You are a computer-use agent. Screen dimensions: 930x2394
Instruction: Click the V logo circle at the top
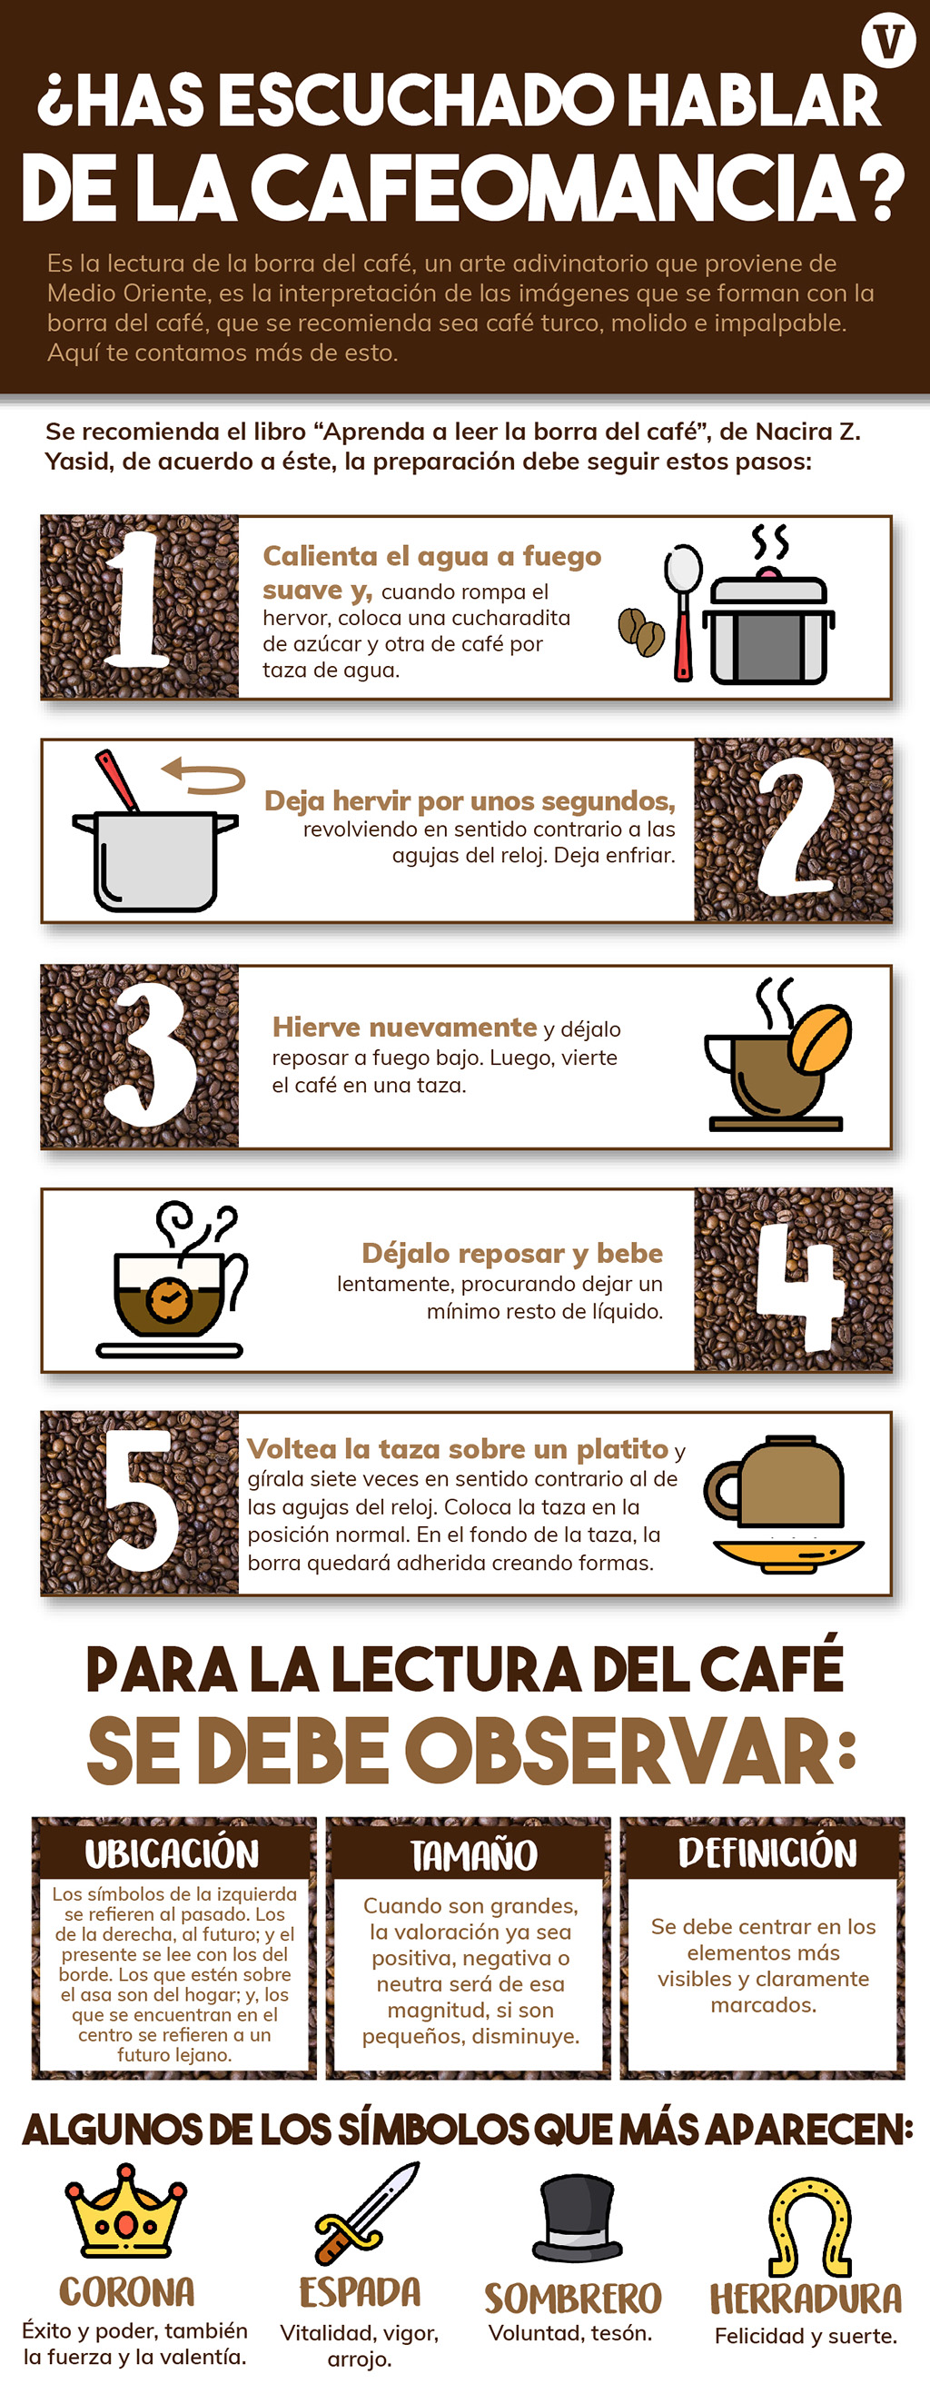point(888,41)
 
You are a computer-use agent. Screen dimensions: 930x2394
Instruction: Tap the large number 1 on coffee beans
point(136,600)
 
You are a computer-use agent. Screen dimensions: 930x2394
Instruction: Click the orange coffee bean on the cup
point(819,1037)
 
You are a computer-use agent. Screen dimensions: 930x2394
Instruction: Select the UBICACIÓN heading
point(173,1853)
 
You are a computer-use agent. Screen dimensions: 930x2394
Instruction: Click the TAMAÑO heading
point(474,1854)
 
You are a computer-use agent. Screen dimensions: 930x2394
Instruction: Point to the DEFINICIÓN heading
point(767,1852)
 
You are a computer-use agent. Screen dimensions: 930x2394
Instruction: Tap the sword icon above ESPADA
point(366,2212)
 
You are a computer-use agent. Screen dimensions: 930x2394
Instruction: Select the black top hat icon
point(576,2218)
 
